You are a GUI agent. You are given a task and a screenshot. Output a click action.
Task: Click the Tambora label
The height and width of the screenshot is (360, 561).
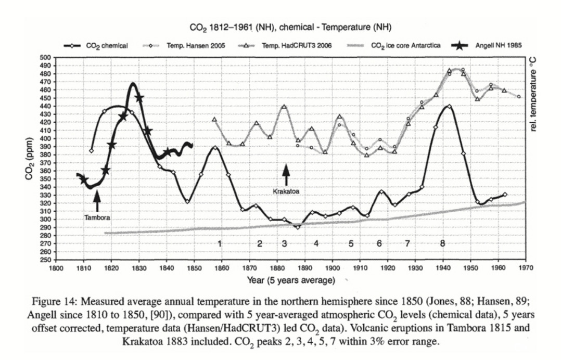click(x=97, y=217)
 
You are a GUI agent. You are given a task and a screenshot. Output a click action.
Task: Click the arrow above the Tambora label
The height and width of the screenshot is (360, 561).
click(x=97, y=200)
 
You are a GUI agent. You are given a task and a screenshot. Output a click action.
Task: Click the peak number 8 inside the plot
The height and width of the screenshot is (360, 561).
click(x=442, y=243)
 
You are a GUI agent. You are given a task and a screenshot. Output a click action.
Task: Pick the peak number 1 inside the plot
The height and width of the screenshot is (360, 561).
click(x=220, y=243)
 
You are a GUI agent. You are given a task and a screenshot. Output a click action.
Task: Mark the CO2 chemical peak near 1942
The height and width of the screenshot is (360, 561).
click(x=449, y=106)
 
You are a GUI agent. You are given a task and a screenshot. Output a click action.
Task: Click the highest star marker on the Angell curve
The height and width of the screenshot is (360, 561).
click(x=139, y=98)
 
